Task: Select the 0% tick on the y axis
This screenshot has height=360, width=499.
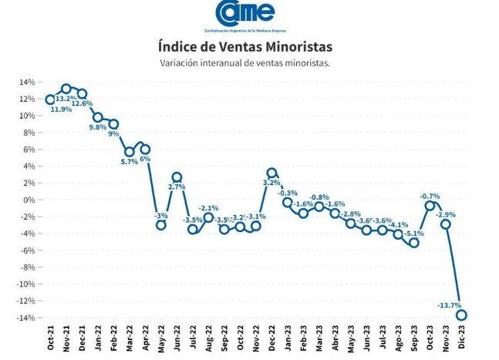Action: (x=29, y=200)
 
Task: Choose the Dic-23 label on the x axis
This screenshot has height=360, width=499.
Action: (x=461, y=339)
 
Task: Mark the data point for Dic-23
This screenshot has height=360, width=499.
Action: (x=461, y=315)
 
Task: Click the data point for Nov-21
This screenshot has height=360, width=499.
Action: (x=66, y=89)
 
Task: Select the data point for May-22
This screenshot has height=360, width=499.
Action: (x=161, y=224)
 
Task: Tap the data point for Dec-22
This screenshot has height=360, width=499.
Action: (x=271, y=173)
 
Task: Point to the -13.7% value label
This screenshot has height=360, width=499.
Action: (x=449, y=306)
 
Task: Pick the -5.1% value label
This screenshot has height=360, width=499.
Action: (x=414, y=234)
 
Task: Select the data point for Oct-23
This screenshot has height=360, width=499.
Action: (x=430, y=205)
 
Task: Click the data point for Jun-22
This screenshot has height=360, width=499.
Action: (x=177, y=177)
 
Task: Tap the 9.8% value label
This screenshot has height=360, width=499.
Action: (x=97, y=127)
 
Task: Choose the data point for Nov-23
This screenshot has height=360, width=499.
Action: (x=445, y=224)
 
